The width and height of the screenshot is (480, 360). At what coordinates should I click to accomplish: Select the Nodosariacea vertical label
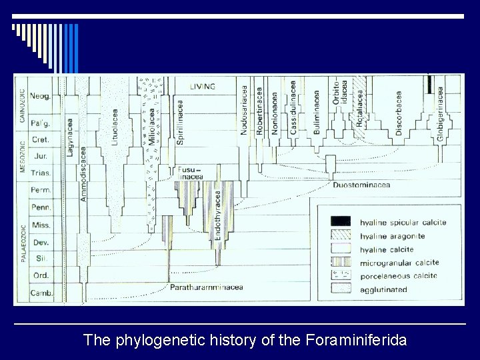(245, 110)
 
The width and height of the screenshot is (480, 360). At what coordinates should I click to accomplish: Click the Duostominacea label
(361, 185)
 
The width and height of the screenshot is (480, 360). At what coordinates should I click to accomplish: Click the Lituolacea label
(115, 127)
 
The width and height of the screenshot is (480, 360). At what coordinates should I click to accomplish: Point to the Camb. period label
(41, 293)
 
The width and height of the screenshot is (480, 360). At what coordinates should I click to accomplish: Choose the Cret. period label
(41, 141)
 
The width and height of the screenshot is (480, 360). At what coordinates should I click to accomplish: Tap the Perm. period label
(41, 191)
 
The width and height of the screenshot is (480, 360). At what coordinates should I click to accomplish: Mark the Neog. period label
(41, 95)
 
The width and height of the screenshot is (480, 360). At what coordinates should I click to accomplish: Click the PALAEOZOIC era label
(23, 250)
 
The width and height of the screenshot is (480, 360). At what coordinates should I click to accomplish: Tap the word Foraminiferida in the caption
(355, 341)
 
